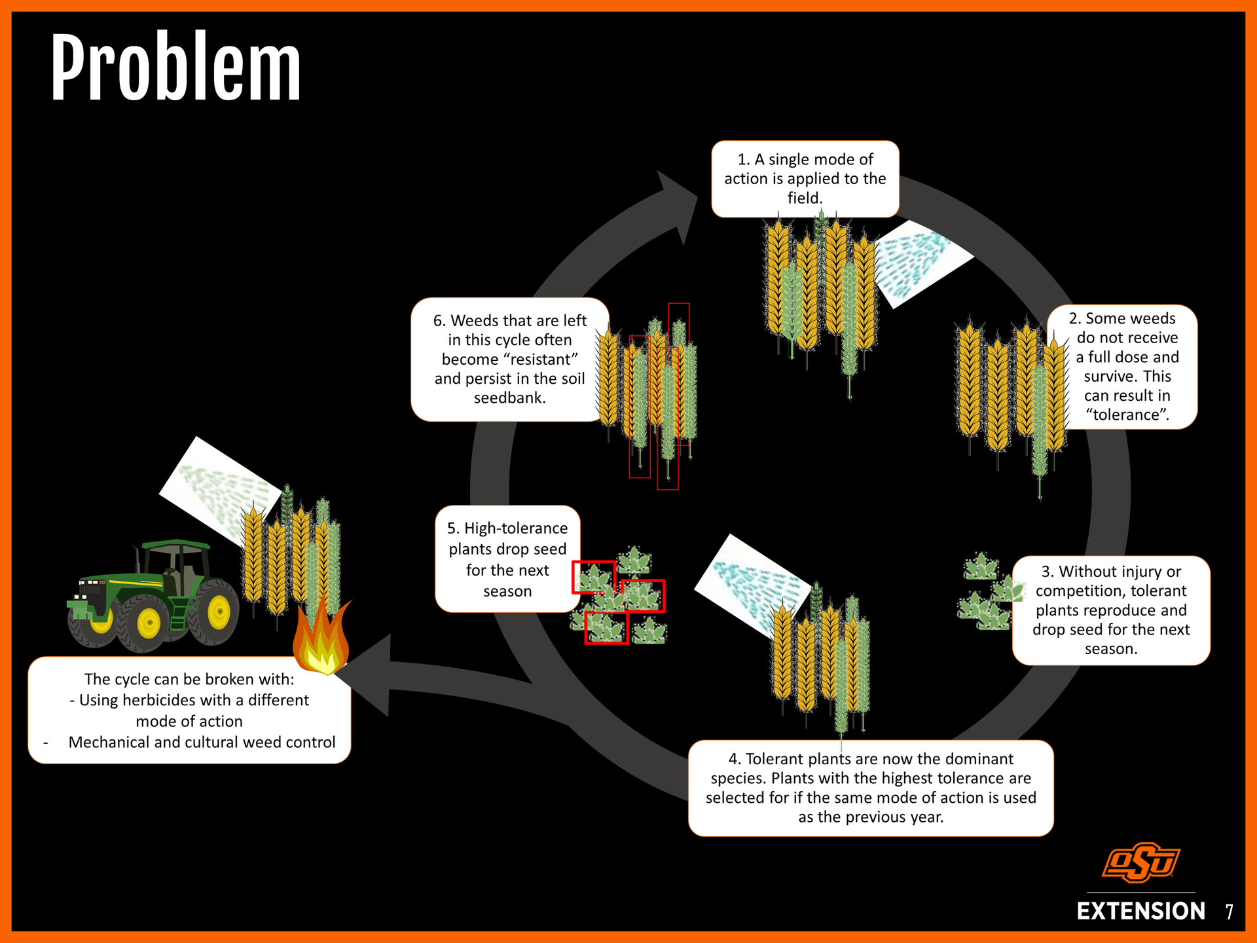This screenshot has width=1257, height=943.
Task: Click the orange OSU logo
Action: pos(1141,862)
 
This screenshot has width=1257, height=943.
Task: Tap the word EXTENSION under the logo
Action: pos(1141,911)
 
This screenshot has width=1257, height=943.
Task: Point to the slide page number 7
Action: pos(1230,912)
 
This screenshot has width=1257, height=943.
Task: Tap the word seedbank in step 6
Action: pos(509,398)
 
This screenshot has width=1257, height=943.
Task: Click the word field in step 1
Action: pos(804,198)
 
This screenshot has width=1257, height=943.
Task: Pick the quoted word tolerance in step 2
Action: pos(1127,415)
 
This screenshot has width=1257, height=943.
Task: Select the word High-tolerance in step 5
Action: pos(507,528)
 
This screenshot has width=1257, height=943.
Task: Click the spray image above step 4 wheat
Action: pos(753,583)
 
